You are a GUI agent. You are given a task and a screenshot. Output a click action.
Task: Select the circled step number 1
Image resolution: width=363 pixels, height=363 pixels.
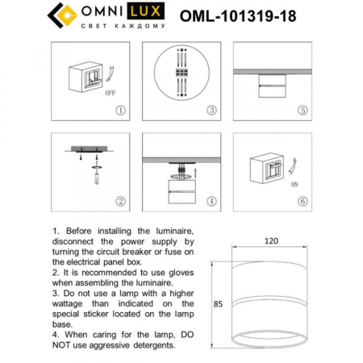[x=120, y=110]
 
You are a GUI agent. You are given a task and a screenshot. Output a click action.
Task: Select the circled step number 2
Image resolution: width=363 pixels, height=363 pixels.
[x=120, y=201]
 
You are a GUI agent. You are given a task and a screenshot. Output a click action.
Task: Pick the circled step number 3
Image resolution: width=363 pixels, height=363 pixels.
[x=211, y=110]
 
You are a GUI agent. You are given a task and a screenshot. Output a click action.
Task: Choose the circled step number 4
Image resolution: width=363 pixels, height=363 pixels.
[x=211, y=201]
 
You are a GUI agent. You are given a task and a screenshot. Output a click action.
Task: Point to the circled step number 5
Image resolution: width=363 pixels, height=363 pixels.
[x=302, y=110]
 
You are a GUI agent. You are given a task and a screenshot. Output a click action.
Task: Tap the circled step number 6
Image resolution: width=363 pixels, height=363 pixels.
[x=302, y=201]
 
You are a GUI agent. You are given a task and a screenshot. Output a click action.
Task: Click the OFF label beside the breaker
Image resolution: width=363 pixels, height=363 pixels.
[x=111, y=93]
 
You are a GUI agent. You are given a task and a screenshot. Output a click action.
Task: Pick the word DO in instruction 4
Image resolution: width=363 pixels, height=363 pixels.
[x=185, y=333]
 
